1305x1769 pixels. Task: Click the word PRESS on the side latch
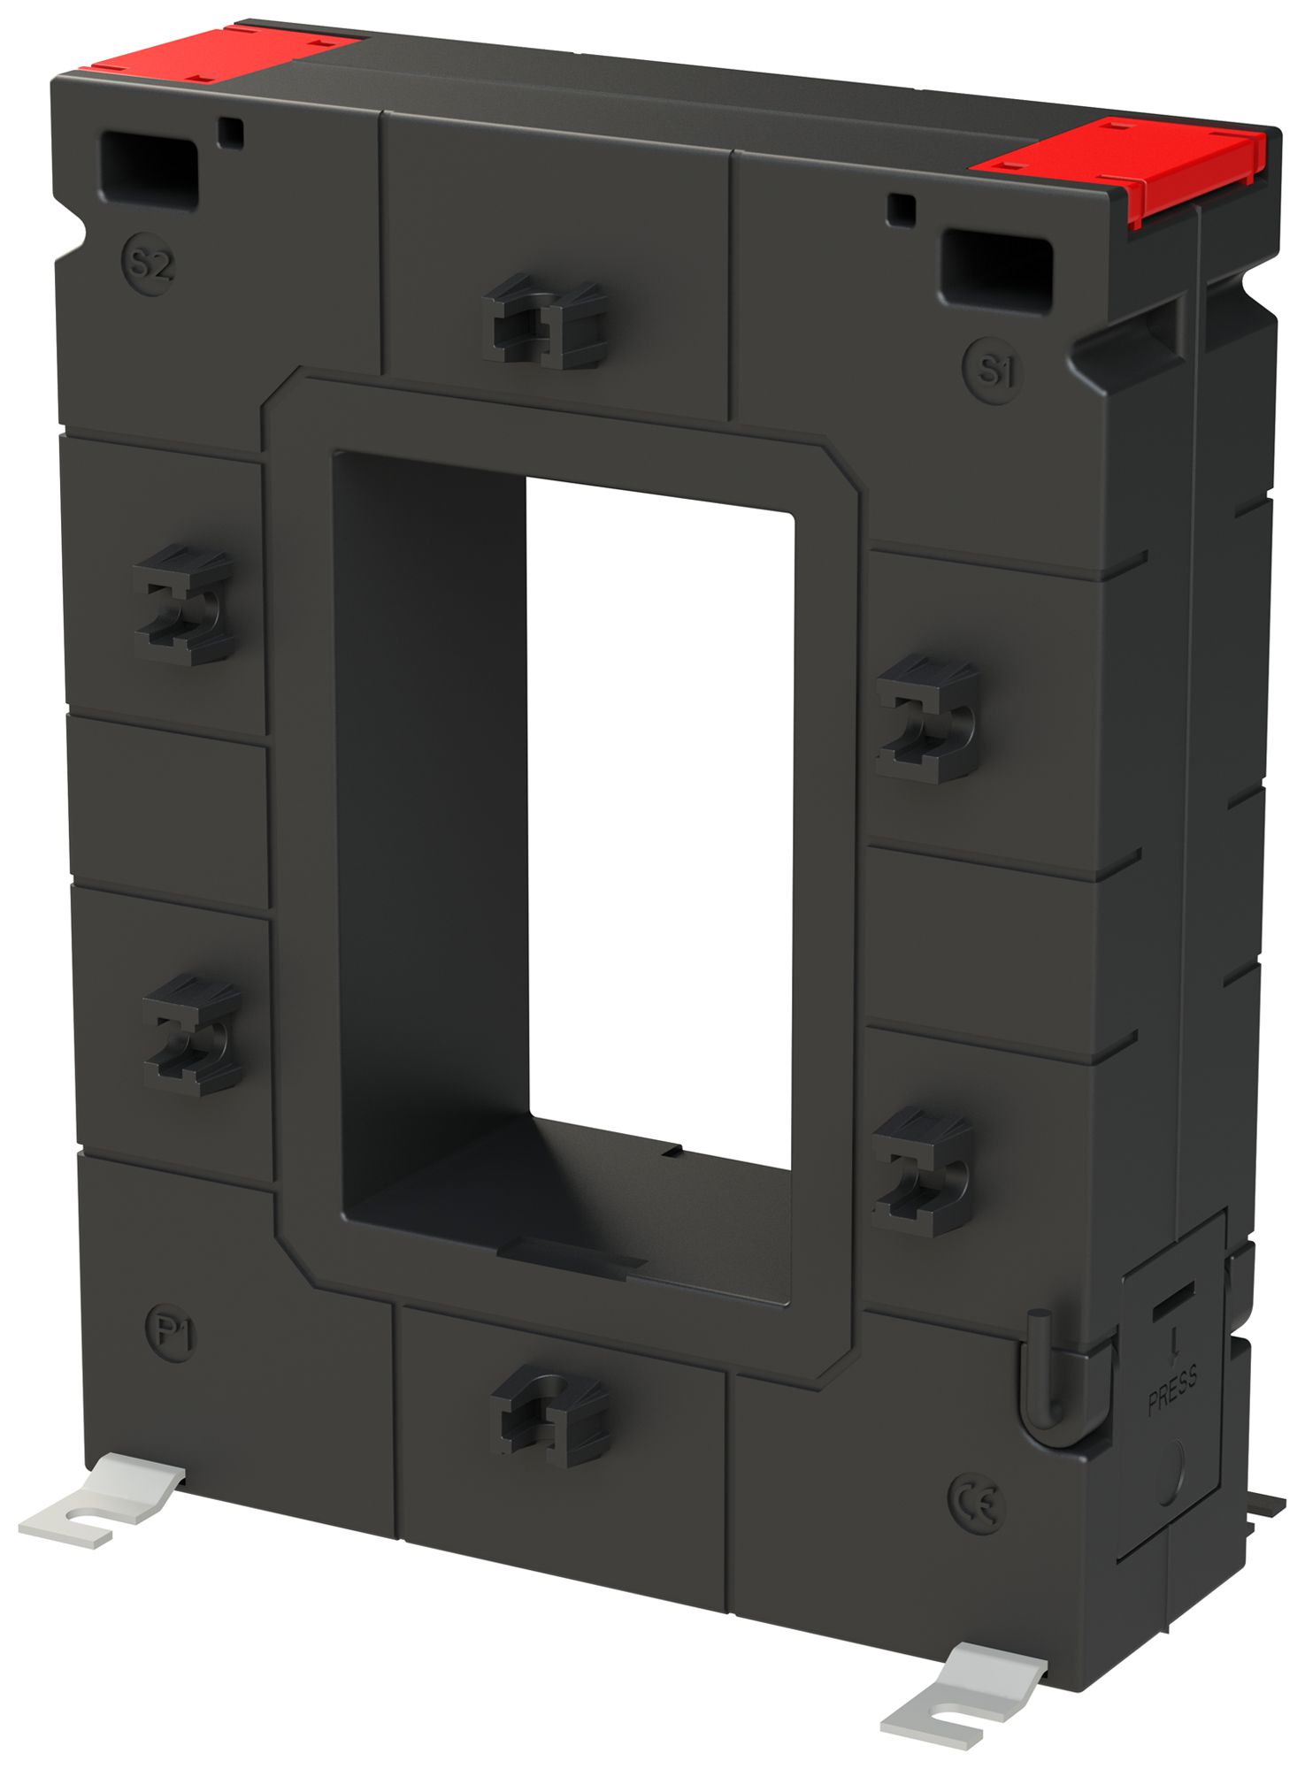point(1173,1390)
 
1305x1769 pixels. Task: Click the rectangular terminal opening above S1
point(996,271)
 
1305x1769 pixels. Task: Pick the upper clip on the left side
point(184,604)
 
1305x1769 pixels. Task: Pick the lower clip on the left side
point(192,1036)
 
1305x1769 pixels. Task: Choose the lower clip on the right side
point(922,1171)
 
